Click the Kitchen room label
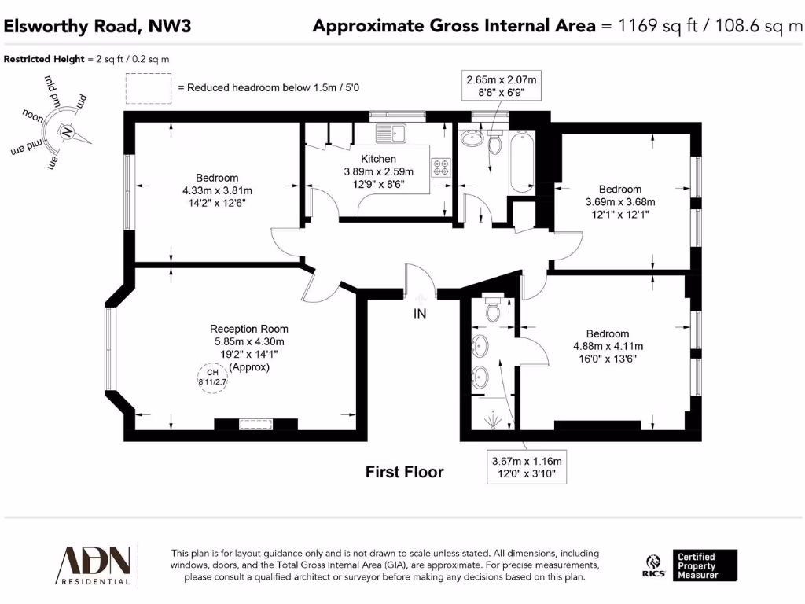(378, 160)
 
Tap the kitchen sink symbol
(390, 133)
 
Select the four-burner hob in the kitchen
(440, 167)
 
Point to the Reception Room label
(249, 329)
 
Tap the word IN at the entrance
(421, 314)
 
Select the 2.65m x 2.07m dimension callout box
(502, 86)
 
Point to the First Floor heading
(404, 472)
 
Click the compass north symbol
(68, 131)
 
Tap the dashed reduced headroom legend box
(149, 87)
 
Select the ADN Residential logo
(93, 564)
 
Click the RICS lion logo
(652, 565)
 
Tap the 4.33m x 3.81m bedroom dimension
(216, 190)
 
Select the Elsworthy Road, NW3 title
(97, 26)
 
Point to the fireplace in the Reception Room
(255, 425)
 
